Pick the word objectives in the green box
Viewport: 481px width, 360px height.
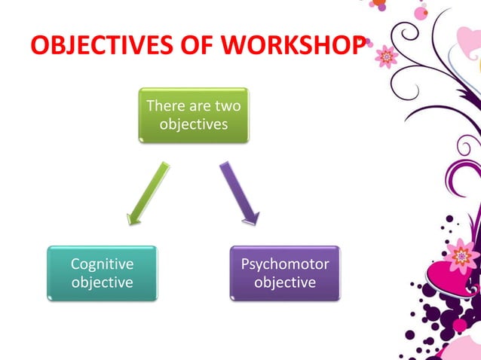tap(194, 124)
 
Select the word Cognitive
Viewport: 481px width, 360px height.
tap(102, 264)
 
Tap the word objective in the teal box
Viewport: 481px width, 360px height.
tap(102, 282)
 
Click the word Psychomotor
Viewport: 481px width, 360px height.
tap(285, 264)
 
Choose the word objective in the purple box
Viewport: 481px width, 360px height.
tap(285, 282)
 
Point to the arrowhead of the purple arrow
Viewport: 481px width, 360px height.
tap(251, 218)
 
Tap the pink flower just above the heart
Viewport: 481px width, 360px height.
tap(458, 257)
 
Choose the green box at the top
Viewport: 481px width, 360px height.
tap(194, 114)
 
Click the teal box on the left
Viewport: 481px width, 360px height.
tap(102, 273)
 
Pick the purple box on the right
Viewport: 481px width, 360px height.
tap(285, 273)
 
